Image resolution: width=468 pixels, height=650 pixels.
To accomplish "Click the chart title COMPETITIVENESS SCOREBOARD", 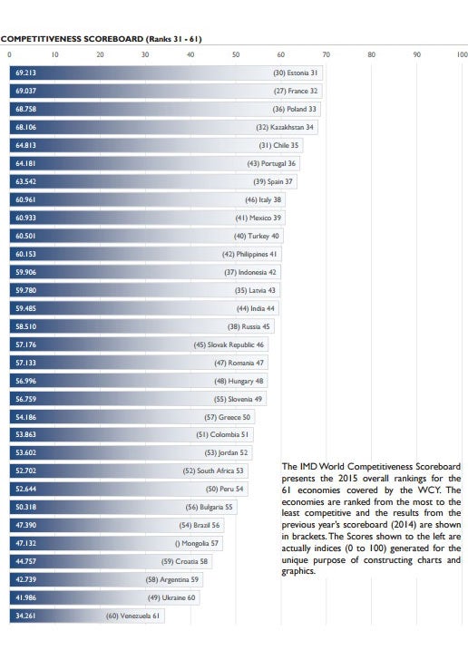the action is pyautogui.click(x=73, y=39).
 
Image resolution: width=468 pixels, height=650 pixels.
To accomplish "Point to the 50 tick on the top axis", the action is pyautogui.click(x=236, y=54).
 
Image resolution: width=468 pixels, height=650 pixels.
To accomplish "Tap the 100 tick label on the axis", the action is pyautogui.click(x=463, y=54).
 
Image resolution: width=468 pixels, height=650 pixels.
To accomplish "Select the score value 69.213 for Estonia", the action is pyautogui.click(x=25, y=73).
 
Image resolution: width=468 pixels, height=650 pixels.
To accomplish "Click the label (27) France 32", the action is pyautogui.click(x=296, y=91).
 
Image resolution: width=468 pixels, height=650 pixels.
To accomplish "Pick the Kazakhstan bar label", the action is pyautogui.click(x=285, y=127).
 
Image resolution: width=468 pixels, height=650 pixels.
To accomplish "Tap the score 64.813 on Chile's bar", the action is pyautogui.click(x=25, y=146).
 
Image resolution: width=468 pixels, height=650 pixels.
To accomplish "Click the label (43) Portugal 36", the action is pyautogui.click(x=271, y=164).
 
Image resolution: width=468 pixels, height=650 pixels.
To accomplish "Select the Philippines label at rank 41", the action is pyautogui.click(x=249, y=254).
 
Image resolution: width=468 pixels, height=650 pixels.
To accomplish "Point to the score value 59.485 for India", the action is pyautogui.click(x=25, y=308).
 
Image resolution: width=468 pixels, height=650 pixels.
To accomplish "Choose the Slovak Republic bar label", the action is pyautogui.click(x=229, y=344).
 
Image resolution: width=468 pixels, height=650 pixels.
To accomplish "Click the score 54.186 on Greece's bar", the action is pyautogui.click(x=25, y=417).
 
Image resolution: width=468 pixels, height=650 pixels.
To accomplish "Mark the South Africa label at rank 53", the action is pyautogui.click(x=213, y=471).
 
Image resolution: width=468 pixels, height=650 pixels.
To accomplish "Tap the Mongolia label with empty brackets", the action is pyautogui.click(x=196, y=543).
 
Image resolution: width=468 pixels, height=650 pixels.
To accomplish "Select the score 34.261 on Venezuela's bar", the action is pyautogui.click(x=25, y=616).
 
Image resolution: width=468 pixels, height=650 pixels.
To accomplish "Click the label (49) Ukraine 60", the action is pyautogui.click(x=171, y=597).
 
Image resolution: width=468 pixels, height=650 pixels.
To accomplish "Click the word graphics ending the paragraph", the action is pyautogui.click(x=297, y=571).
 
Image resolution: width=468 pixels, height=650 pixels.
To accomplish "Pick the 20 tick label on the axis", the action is pyautogui.click(x=100, y=54).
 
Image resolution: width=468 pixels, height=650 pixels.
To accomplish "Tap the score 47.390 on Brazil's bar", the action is pyautogui.click(x=25, y=525).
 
